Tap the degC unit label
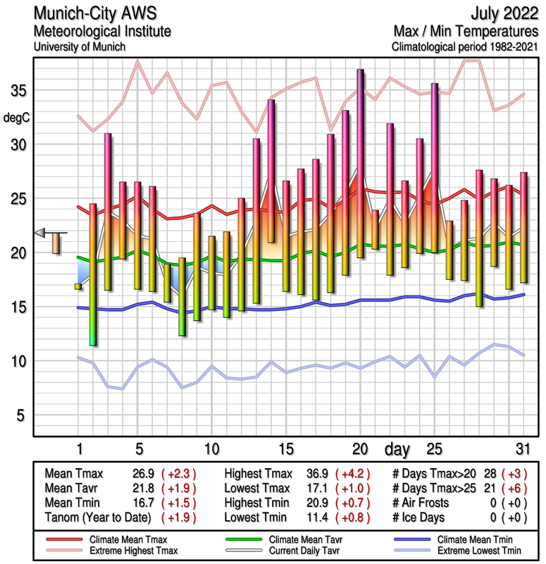pyautogui.click(x=17, y=118)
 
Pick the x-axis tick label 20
pyautogui.click(x=360, y=449)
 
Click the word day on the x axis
pyautogui.click(x=399, y=449)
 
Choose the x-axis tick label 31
pyautogui.click(x=521, y=449)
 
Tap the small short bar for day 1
pyautogui.click(x=78, y=286)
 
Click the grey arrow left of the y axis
pyautogui.click(x=40, y=233)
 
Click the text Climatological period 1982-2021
pyautogui.click(x=466, y=47)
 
